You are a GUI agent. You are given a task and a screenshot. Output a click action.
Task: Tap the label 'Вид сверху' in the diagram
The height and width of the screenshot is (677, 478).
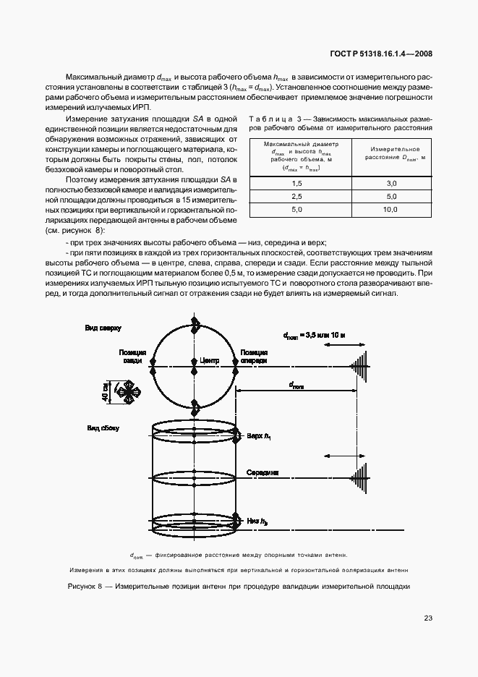point(103,328)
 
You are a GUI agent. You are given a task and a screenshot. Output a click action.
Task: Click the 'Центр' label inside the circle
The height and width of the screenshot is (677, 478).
point(209,359)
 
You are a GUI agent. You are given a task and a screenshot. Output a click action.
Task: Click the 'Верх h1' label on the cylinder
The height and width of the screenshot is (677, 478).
point(258,436)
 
